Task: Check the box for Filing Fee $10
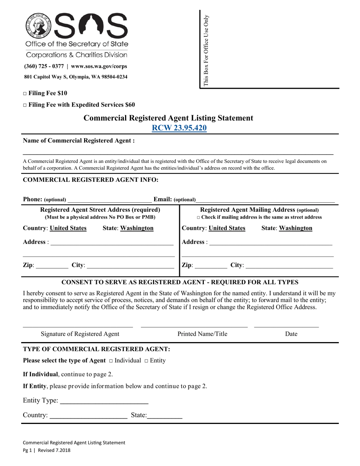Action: tap(25, 93)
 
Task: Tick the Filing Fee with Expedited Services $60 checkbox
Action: tap(25, 105)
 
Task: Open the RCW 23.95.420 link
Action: tap(179, 128)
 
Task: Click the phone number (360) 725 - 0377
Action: tap(44, 66)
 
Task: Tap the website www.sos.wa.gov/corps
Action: tap(99, 66)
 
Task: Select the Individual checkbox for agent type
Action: tap(111, 361)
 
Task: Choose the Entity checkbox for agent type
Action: tap(146, 361)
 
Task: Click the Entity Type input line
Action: tap(104, 401)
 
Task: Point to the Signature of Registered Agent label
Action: tap(80, 334)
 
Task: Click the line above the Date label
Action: tap(286, 325)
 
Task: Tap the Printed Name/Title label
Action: tap(202, 334)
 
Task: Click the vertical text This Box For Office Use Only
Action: tap(206, 50)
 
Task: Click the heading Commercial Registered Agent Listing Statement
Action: tap(168, 118)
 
